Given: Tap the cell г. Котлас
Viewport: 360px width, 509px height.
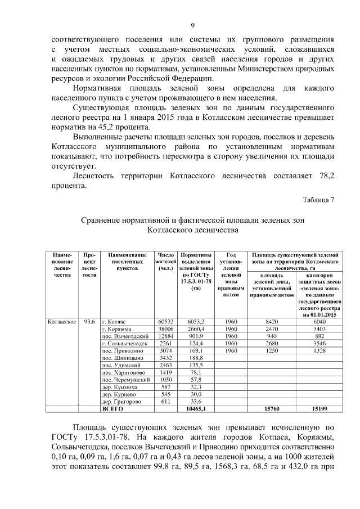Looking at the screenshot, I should click(114, 321).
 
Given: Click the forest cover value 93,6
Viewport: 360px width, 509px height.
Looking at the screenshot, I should click(88, 321).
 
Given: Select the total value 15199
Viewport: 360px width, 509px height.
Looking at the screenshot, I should click(319, 409).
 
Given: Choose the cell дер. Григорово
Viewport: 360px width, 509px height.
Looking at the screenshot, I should click(120, 402).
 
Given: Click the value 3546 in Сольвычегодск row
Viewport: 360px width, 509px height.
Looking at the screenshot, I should click(319, 343).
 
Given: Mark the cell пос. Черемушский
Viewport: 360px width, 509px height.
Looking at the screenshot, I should click(124, 380).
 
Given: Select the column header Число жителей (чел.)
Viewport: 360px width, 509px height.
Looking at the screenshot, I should click(167, 263).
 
